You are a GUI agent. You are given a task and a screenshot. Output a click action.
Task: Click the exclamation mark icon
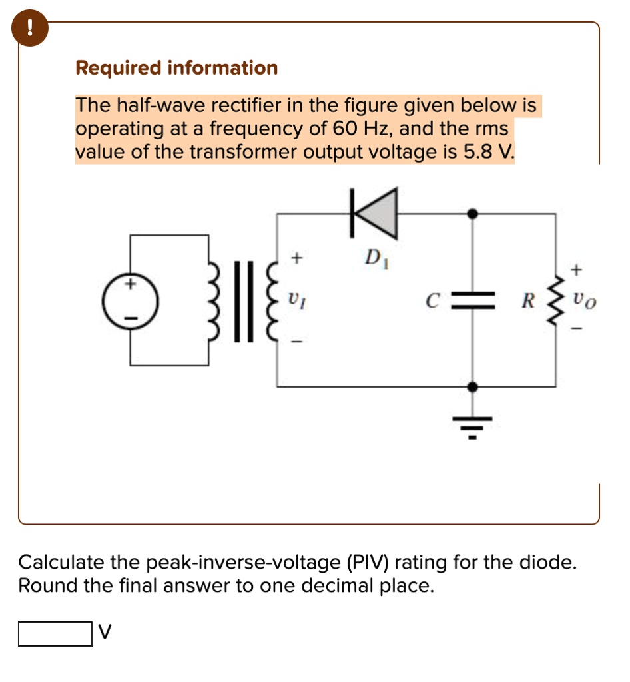(x=29, y=29)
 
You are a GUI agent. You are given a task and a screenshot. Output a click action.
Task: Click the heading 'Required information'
(x=176, y=68)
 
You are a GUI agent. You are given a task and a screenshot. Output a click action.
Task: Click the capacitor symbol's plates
(x=473, y=300)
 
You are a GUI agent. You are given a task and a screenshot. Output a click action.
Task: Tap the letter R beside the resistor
(x=527, y=301)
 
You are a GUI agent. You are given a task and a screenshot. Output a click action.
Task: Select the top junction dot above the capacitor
(x=473, y=213)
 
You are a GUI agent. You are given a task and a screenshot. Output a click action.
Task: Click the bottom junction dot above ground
(x=473, y=386)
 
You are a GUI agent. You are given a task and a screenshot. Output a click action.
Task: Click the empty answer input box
(x=55, y=634)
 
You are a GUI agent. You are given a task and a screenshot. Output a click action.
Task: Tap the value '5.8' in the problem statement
(x=477, y=153)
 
